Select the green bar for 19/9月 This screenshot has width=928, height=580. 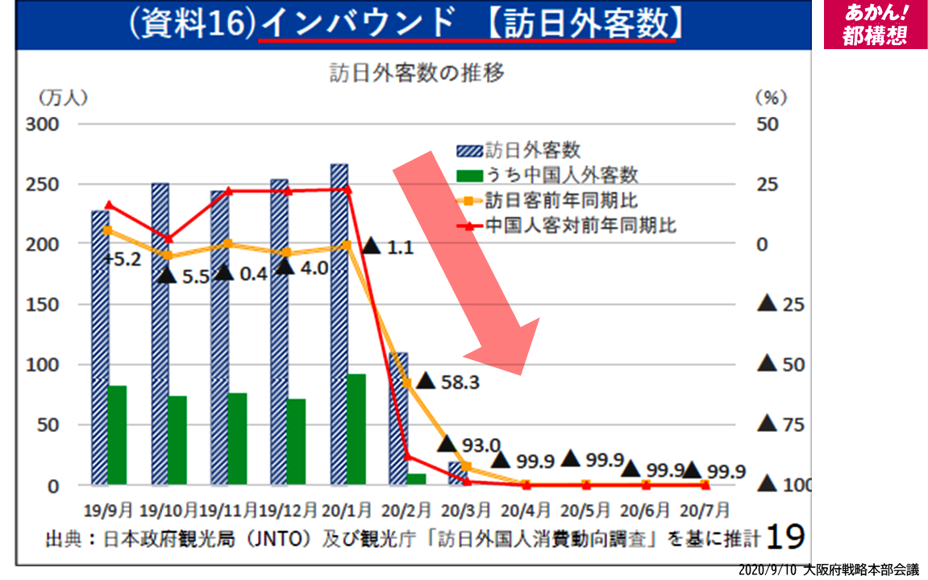click(118, 435)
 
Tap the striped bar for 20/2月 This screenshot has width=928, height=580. click(399, 419)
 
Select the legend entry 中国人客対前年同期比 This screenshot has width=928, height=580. click(581, 226)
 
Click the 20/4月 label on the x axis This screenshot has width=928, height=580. click(526, 510)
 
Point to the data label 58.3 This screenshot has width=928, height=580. click(460, 382)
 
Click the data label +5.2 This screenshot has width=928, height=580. click(123, 259)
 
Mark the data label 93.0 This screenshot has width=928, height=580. click(481, 444)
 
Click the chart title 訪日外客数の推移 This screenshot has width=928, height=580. click(417, 74)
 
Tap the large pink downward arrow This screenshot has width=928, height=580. click(468, 266)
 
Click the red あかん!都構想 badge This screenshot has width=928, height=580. click(875, 24)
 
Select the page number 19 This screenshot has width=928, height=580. click(784, 535)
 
